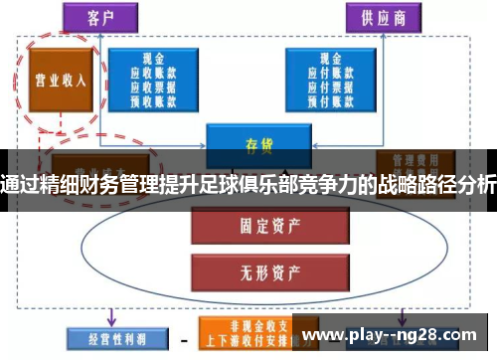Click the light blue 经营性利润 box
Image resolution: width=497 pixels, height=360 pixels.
click(x=108, y=339)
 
